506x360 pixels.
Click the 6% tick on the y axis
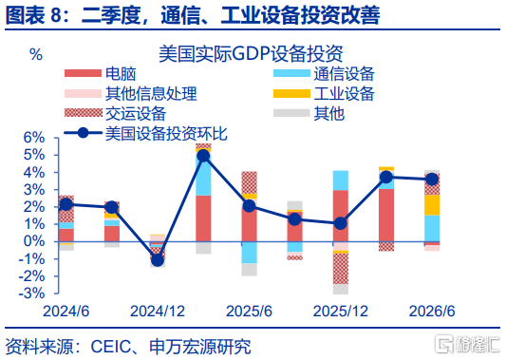pos(34,138)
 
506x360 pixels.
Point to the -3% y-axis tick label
pos(31,294)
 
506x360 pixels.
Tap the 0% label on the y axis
pos(34,241)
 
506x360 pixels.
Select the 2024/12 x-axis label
pos(158,312)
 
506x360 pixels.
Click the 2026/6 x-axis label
pos(432,312)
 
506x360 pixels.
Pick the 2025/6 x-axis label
pos(249,312)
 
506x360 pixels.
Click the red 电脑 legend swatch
pos(83,73)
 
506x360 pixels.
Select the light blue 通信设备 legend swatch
pos(291,73)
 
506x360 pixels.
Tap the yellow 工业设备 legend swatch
pos(291,93)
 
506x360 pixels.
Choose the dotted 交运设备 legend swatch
pos(83,113)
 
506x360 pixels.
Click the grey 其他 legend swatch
pos(291,113)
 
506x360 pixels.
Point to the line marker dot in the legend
pos(84,133)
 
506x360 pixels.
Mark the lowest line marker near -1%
pos(158,260)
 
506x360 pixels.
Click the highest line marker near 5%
pos(203,157)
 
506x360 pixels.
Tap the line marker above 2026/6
pos(432,180)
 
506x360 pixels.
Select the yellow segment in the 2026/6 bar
pos(432,205)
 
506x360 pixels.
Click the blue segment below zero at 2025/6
pos(250,253)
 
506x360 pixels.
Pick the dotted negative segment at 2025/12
pos(341,269)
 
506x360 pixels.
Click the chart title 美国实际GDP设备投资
pos(251,54)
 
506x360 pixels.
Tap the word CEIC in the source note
pos(111,347)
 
